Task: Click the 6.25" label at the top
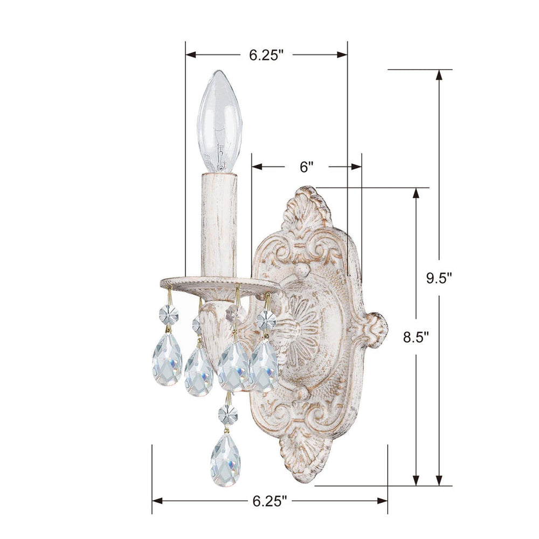click(x=266, y=54)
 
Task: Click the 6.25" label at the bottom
click(x=269, y=501)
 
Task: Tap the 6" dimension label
click(x=307, y=167)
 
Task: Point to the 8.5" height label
click(x=416, y=337)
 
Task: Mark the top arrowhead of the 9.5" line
click(x=439, y=75)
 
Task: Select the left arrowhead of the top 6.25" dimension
click(x=190, y=54)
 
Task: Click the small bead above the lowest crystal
click(x=226, y=414)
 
